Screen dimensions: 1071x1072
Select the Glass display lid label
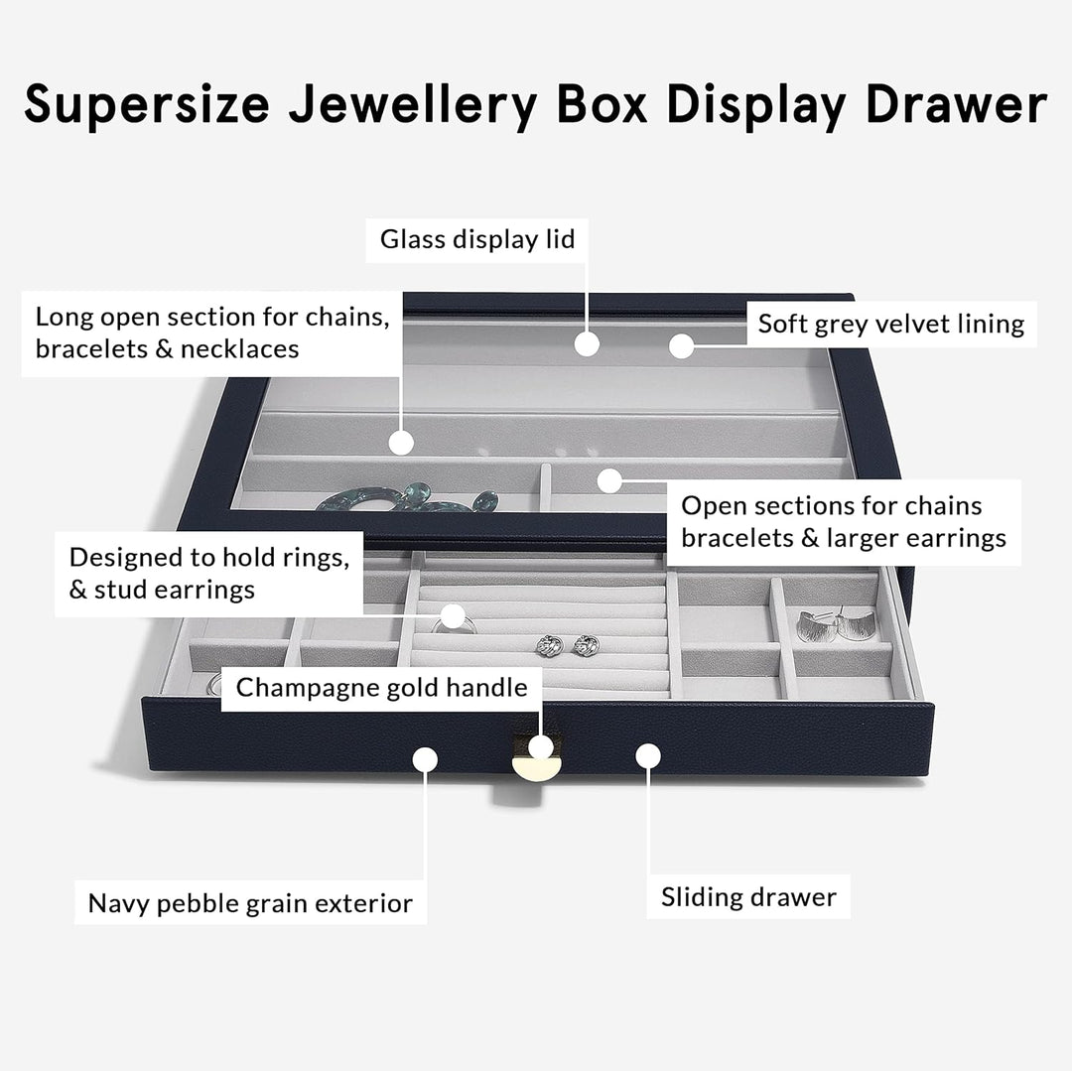pyautogui.click(x=477, y=239)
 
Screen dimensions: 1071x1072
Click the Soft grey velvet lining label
pyautogui.click(x=891, y=324)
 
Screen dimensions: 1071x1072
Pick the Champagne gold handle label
pyautogui.click(x=382, y=687)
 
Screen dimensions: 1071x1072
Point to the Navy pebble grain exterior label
pyautogui.click(x=250, y=903)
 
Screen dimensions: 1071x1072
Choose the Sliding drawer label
pyautogui.click(x=748, y=897)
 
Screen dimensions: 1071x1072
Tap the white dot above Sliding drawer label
pyautogui.click(x=648, y=756)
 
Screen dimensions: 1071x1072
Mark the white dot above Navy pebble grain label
pyautogui.click(x=425, y=759)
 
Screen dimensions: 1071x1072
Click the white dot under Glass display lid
pyautogui.click(x=588, y=343)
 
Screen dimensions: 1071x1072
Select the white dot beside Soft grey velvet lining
pyautogui.click(x=680, y=345)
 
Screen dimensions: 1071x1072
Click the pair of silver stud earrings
pyautogui.click(x=561, y=645)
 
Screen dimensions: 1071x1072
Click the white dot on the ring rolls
pyautogui.click(x=454, y=615)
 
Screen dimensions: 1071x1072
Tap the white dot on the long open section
pyautogui.click(x=400, y=443)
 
